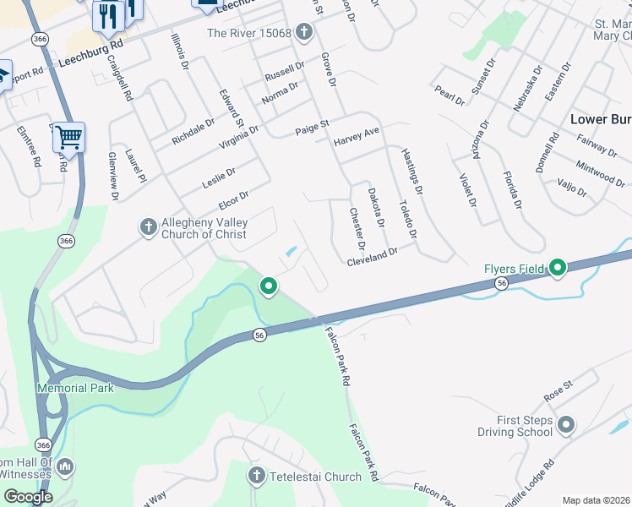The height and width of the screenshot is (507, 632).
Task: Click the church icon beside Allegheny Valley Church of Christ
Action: click(x=148, y=226)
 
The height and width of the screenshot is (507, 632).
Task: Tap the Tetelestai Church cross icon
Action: click(x=257, y=476)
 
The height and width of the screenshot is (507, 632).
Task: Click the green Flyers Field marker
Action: click(x=558, y=269)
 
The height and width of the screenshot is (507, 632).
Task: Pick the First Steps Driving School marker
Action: click(x=566, y=425)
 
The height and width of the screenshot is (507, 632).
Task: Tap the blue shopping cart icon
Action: click(x=68, y=136)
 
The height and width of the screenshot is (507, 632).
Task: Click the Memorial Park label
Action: click(x=74, y=388)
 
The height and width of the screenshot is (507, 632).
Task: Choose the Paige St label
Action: click(x=311, y=131)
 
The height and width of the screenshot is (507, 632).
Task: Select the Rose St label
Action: click(x=558, y=391)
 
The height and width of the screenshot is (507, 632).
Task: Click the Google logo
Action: click(x=27, y=497)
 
